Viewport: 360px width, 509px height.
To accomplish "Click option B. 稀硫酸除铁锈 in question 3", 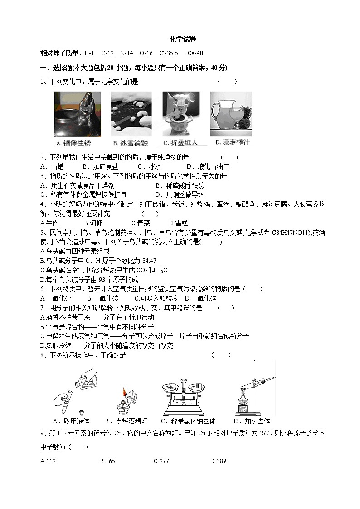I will tap(180, 185).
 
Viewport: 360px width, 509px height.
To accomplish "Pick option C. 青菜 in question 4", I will tap(141, 223).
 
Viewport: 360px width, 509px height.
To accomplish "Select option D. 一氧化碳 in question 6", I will tap(200, 298).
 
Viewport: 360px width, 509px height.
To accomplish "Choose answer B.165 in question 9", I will tap(107, 461).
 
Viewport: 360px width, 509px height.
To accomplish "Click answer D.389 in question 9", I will tap(218, 461).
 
